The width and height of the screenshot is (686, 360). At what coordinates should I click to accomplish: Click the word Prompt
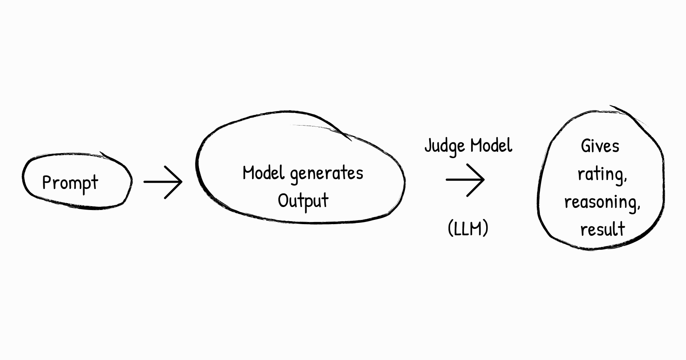pos(70,183)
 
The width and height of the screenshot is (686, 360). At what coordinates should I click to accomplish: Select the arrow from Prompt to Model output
pos(163,182)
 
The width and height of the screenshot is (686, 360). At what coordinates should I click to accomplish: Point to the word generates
pos(327,174)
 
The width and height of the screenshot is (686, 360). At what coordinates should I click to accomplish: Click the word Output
pos(303,201)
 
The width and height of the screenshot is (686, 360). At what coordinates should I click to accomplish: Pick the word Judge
pos(445,146)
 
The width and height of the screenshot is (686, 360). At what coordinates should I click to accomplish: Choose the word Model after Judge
pos(491,145)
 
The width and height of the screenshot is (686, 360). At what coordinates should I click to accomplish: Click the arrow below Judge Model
pos(465,180)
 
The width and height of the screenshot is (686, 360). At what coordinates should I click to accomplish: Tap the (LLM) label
pos(468,228)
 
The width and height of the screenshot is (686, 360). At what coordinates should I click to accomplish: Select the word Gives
pos(600,146)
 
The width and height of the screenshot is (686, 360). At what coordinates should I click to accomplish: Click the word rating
pos(602,174)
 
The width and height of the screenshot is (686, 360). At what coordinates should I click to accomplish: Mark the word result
pos(602,229)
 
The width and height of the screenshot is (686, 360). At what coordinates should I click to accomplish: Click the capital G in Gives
pos(586,146)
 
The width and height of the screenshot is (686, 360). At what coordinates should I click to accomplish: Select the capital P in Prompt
pos(46,183)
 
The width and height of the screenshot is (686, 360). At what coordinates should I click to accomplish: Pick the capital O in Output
pos(283,200)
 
